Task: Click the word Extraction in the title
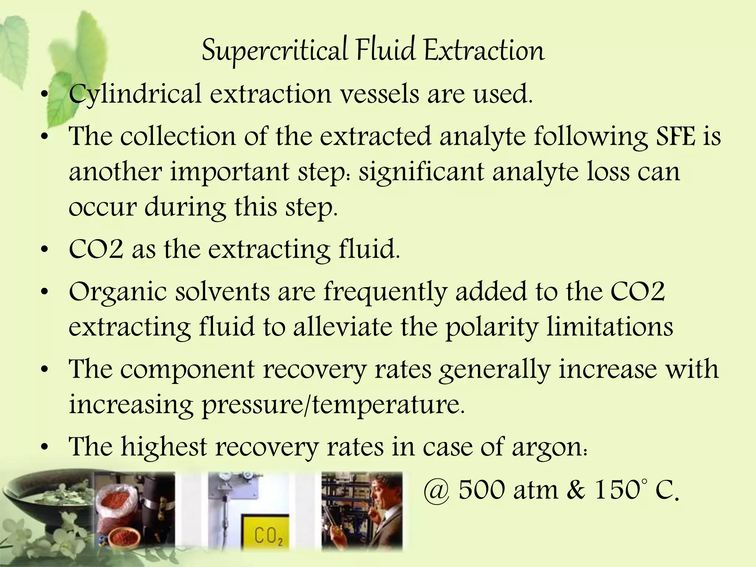[x=484, y=51]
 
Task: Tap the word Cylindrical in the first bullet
[x=135, y=94]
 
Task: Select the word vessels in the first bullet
[x=379, y=94]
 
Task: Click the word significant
[x=421, y=172]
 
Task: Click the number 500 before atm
[x=482, y=490]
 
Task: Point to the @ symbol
[x=436, y=491]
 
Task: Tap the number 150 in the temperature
[x=616, y=490]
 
